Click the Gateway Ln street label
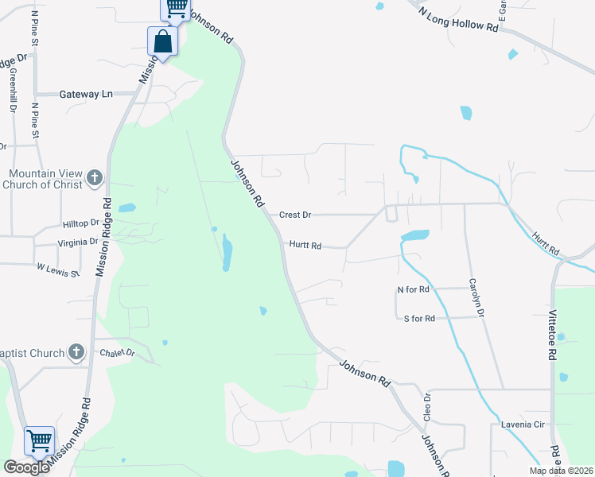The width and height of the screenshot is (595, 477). [86, 94]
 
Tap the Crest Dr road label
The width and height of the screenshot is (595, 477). [294, 215]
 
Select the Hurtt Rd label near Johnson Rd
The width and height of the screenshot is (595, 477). [305, 246]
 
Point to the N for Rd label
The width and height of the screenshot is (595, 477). [414, 289]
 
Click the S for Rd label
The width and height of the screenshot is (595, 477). [419, 318]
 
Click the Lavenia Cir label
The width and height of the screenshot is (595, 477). [522, 425]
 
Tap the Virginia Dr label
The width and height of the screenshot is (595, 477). [78, 242]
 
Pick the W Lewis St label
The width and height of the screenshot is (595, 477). [58, 270]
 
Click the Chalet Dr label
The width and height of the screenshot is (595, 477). [118, 352]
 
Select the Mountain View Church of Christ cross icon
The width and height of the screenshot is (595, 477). [95, 178]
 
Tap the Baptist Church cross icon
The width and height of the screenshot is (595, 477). [76, 351]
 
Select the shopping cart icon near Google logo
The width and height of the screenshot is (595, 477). [39, 440]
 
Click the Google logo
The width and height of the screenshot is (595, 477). [26, 467]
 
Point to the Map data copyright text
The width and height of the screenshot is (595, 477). [561, 471]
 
